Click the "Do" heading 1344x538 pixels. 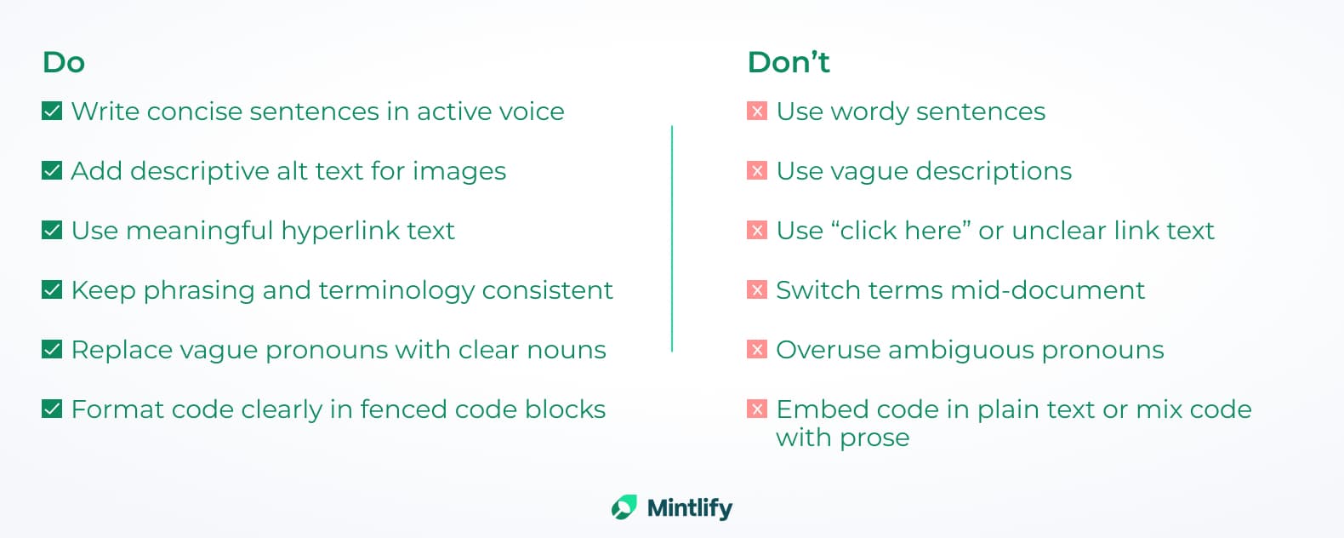pos(64,62)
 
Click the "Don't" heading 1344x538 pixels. pos(789,62)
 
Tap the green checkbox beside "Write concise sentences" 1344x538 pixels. pos(52,111)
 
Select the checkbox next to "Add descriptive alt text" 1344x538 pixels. pos(52,170)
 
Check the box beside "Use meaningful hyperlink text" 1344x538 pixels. pos(52,230)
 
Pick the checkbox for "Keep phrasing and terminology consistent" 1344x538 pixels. pos(52,290)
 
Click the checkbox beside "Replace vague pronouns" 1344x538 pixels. pos(52,350)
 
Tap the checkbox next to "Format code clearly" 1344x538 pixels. pos(52,409)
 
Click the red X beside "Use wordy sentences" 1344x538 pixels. pos(757,111)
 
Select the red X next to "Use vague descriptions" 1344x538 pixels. pos(757,170)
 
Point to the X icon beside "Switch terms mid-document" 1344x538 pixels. pos(757,290)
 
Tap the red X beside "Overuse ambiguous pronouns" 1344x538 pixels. pos(757,350)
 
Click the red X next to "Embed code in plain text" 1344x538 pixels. pos(757,409)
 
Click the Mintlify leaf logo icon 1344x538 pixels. pos(624,507)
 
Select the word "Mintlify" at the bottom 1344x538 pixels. pos(690,508)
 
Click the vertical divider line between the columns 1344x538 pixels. pos(672,238)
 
